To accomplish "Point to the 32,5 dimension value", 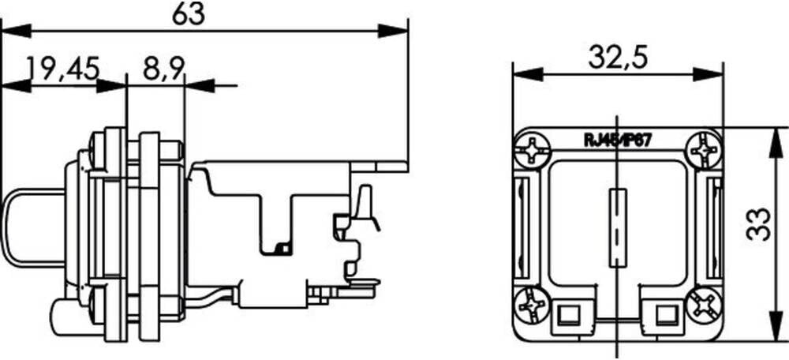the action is (x=619, y=57).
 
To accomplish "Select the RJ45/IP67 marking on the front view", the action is (x=617, y=140).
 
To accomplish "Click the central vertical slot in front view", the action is (x=619, y=229).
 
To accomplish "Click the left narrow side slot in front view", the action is (x=521, y=229).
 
